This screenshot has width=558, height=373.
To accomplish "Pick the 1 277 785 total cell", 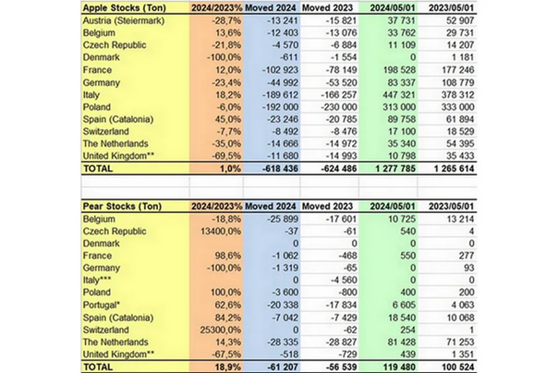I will [x=383, y=169].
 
